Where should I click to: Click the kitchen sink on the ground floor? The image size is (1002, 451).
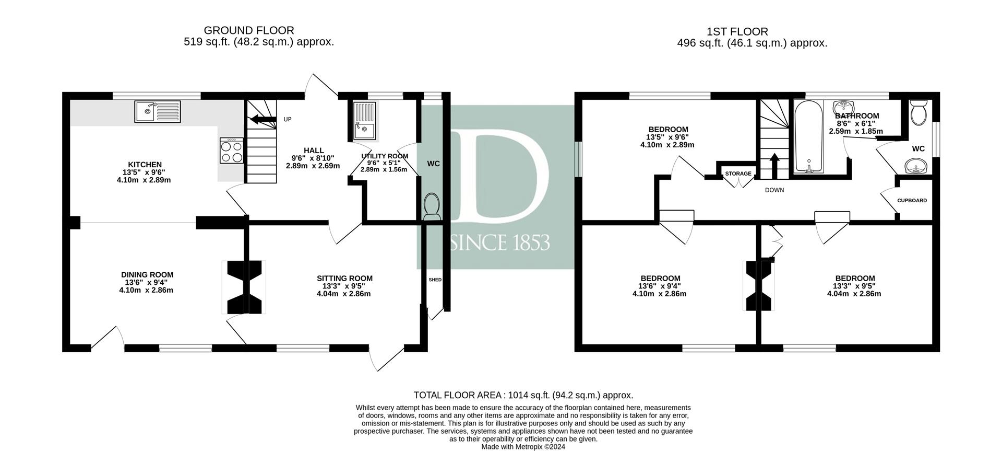tap(157, 111)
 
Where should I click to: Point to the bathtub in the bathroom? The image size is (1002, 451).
tap(808, 137)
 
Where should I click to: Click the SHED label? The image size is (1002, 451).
tap(435, 280)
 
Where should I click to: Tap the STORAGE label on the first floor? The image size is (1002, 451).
tap(738, 174)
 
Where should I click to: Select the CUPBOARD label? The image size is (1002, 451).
tap(912, 200)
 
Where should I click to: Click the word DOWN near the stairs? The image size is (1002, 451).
tap(774, 190)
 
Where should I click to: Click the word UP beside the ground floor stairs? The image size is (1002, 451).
tap(288, 119)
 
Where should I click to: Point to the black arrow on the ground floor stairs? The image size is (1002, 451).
tap(264, 120)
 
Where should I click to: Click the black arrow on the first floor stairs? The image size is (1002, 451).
tap(774, 166)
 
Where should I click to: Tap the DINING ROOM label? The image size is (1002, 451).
tap(147, 274)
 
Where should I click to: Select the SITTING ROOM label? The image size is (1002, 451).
tap(344, 278)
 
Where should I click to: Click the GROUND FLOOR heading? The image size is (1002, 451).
tap(249, 30)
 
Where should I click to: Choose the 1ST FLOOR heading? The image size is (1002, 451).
tap(737, 31)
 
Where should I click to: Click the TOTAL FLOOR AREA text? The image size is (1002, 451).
tap(523, 395)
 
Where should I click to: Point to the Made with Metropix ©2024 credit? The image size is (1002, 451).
tap(523, 447)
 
